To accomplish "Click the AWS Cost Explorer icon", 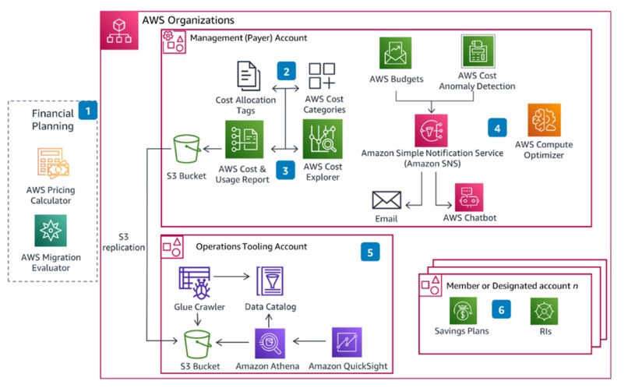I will pos(323,139).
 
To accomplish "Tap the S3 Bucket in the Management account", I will pos(186,146).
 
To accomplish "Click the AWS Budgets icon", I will pos(397,54).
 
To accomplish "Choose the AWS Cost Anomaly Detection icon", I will pos(478,54).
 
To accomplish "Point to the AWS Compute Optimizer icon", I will pos(545,122).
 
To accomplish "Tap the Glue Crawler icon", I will pos(192,281).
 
